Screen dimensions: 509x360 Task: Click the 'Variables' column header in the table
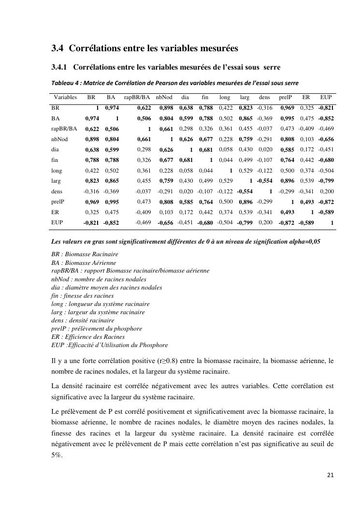(x=65, y=97)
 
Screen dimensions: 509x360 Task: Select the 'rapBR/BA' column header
(x=137, y=97)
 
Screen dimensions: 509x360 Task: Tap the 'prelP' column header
(x=286, y=97)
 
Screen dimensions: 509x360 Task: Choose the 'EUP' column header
(x=326, y=97)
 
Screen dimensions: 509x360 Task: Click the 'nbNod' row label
(x=60, y=139)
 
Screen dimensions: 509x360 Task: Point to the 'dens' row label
(x=57, y=191)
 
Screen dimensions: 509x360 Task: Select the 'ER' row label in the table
(x=55, y=212)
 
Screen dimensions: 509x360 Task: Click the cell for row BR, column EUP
(x=326, y=108)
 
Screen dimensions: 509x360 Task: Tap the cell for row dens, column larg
(x=245, y=191)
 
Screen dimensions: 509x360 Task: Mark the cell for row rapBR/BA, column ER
(x=306, y=129)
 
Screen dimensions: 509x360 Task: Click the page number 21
(x=330, y=475)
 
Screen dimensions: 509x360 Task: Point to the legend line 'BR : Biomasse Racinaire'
(x=85, y=254)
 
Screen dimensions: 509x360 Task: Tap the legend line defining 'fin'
(x=83, y=295)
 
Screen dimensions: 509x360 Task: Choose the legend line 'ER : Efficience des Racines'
(x=88, y=337)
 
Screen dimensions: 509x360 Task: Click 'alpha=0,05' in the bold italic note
(x=303, y=242)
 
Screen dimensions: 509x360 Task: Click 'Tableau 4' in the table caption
(x=65, y=83)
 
